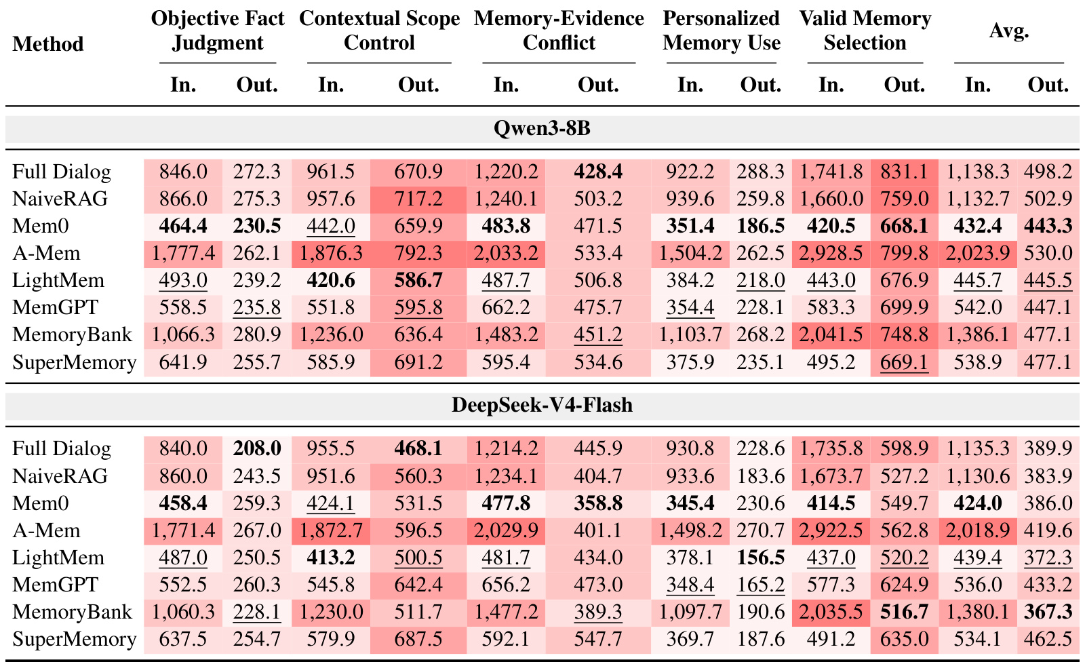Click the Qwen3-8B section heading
click(542, 128)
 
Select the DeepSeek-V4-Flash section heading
click(542, 405)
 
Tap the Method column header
click(48, 43)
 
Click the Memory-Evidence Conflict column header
click(559, 30)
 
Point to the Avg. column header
click(1009, 31)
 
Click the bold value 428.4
click(598, 172)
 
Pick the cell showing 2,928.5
click(831, 253)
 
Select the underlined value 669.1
click(904, 362)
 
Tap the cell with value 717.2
click(418, 199)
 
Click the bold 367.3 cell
click(1048, 612)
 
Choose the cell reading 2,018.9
click(977, 530)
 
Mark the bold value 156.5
click(760, 558)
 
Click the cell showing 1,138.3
click(977, 172)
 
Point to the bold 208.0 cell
click(257, 448)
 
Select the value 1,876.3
click(331, 253)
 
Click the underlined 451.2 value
click(598, 335)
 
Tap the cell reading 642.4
click(418, 585)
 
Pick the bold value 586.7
click(418, 280)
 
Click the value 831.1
click(904, 172)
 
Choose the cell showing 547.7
click(598, 639)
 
